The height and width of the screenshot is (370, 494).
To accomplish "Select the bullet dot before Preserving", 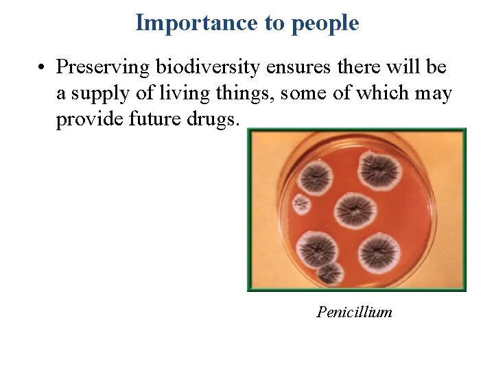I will [x=42, y=68].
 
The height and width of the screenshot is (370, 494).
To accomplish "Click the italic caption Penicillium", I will [x=355, y=312].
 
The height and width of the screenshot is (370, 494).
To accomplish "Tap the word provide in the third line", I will [x=87, y=119].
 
